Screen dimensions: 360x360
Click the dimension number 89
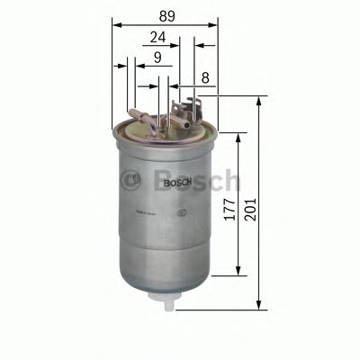pos(165,14)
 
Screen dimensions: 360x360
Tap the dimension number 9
pos(157,58)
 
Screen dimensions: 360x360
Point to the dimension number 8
pos(206,78)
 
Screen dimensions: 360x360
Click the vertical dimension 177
pos(231,217)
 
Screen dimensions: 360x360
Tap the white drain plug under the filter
pos(167,302)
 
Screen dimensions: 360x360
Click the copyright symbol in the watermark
pos(136,178)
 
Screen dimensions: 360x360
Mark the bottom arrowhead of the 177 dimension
pos(238,274)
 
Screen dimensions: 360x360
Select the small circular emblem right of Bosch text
pos(183,214)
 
